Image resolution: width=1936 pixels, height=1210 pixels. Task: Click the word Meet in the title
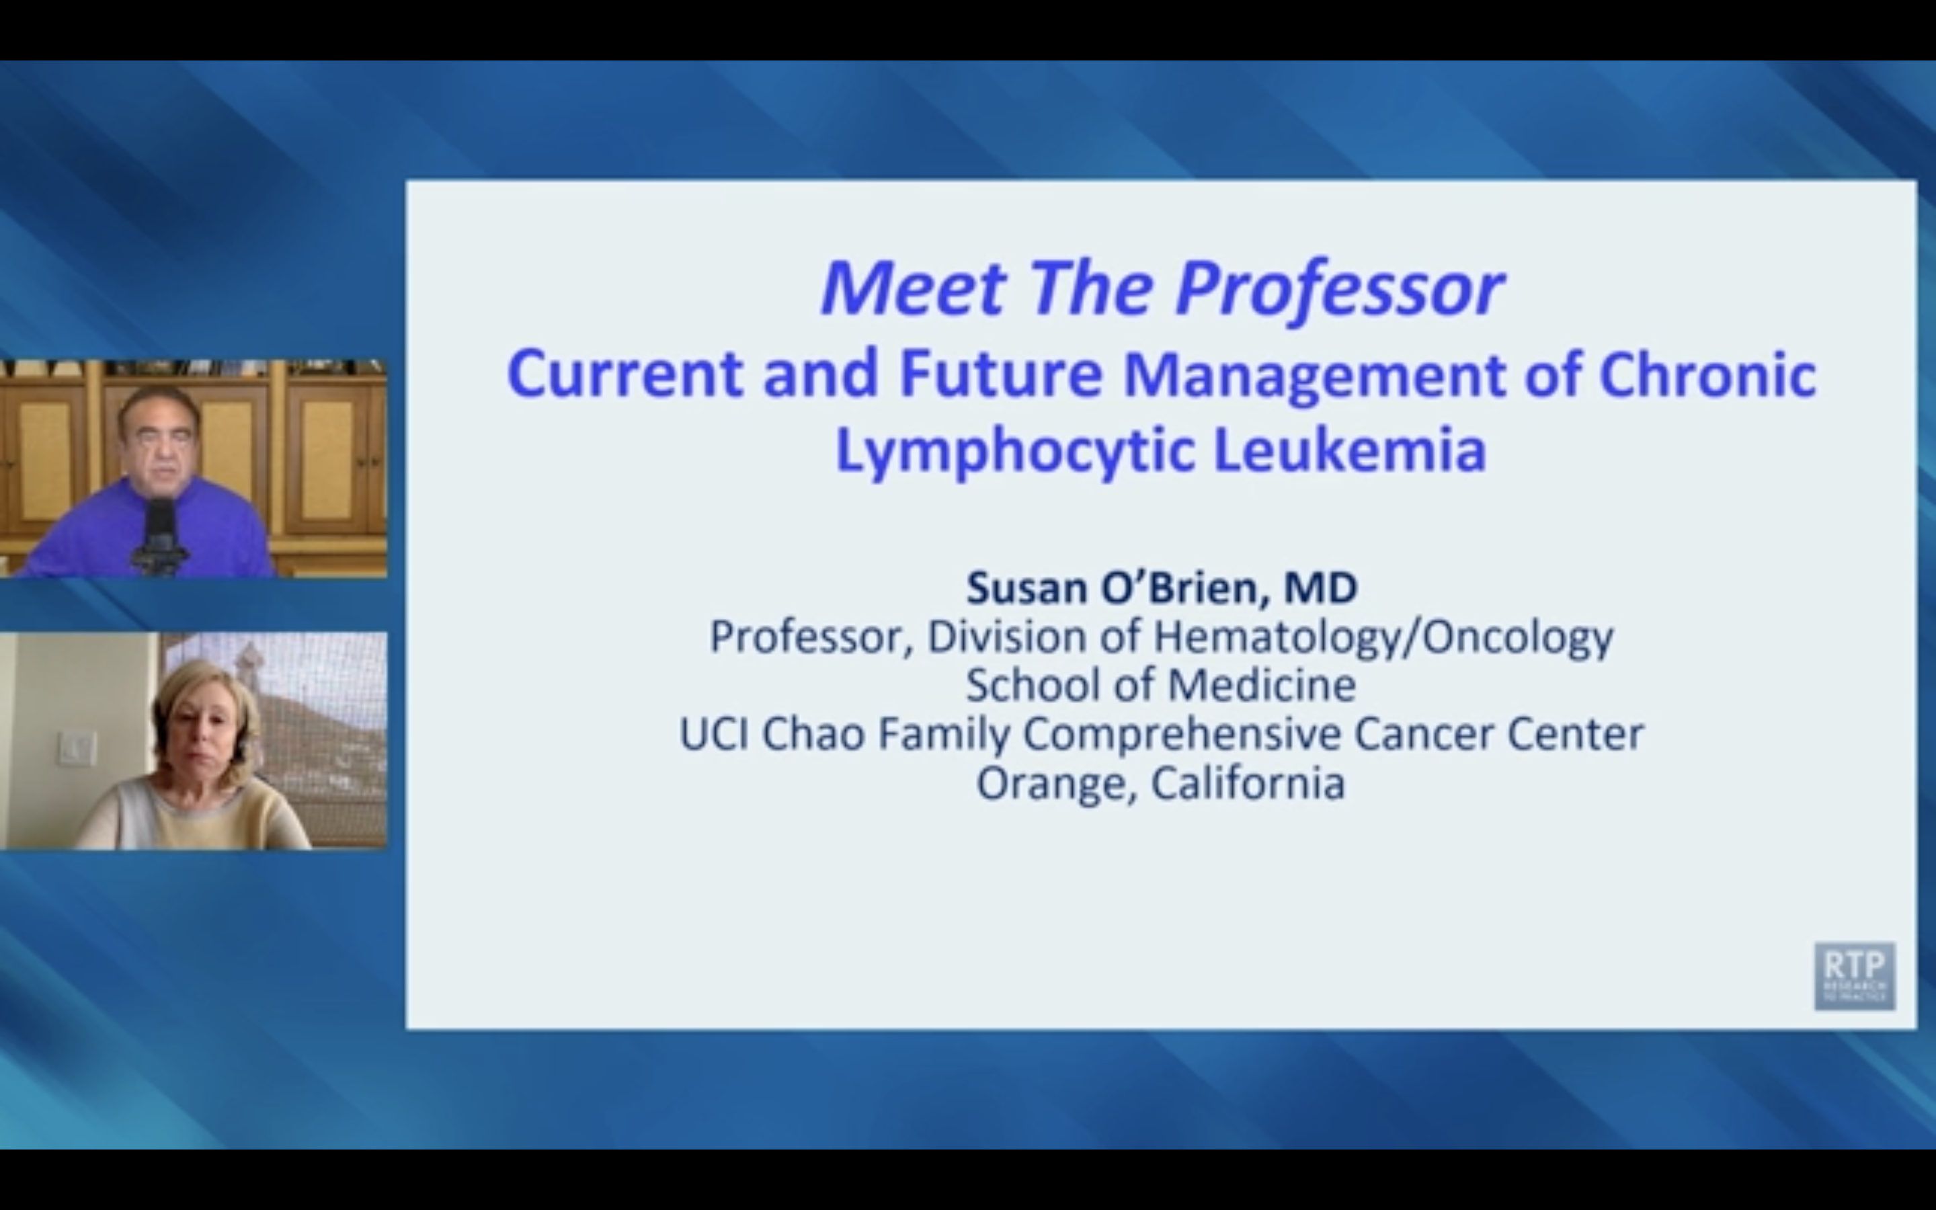click(x=913, y=288)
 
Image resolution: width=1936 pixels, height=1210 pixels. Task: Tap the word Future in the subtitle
click(x=1000, y=374)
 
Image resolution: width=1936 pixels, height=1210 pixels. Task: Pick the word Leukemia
click(x=1350, y=450)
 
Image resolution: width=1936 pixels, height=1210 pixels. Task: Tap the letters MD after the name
click(x=1321, y=588)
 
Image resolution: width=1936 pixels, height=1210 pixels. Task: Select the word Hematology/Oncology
click(x=1382, y=638)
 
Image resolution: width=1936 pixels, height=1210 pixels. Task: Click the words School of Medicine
click(x=1161, y=686)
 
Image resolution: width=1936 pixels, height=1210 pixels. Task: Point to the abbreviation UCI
click(x=714, y=734)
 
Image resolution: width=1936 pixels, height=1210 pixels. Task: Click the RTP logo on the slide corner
click(x=1853, y=975)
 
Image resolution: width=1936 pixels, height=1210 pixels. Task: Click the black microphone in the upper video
click(x=161, y=532)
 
